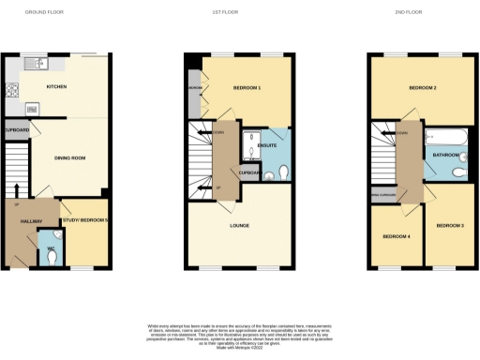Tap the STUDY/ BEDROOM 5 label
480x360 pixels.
pos(82,221)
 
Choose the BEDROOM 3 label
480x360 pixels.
pos(450,226)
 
